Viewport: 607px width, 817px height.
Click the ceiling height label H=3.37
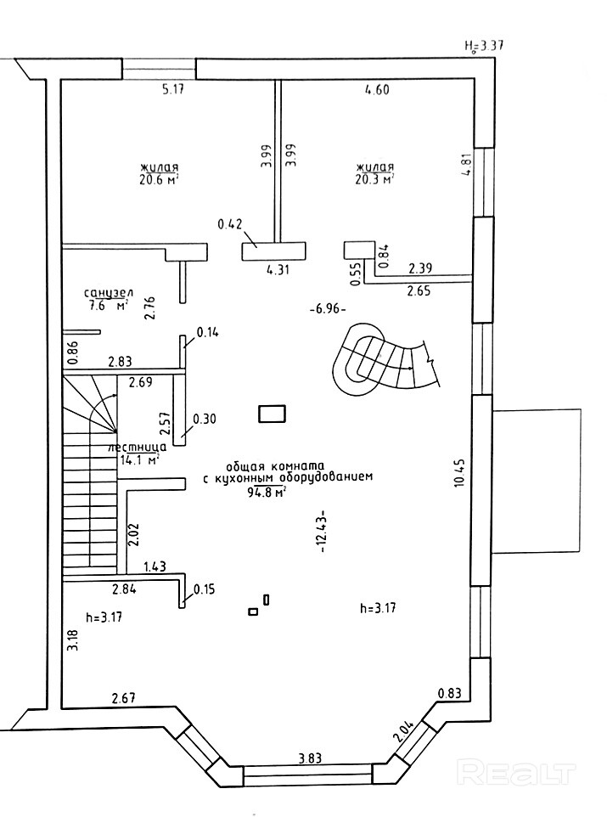click(484, 46)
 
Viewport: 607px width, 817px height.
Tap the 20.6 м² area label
click(159, 180)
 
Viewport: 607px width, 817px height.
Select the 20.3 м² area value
click(374, 180)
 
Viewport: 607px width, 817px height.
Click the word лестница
click(137, 447)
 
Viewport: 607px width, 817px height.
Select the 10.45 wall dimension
click(459, 473)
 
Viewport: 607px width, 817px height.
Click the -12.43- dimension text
click(321, 531)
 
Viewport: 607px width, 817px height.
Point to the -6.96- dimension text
click(328, 309)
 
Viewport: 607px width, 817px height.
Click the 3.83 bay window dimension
click(310, 757)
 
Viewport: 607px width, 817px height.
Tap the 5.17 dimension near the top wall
click(173, 90)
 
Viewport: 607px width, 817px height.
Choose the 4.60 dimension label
click(377, 90)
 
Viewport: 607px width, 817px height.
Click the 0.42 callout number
click(230, 224)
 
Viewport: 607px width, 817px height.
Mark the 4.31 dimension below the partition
click(278, 269)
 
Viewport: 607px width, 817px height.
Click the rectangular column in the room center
click(272, 414)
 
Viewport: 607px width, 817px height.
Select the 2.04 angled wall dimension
click(405, 730)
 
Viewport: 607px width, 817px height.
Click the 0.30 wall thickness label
click(205, 419)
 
